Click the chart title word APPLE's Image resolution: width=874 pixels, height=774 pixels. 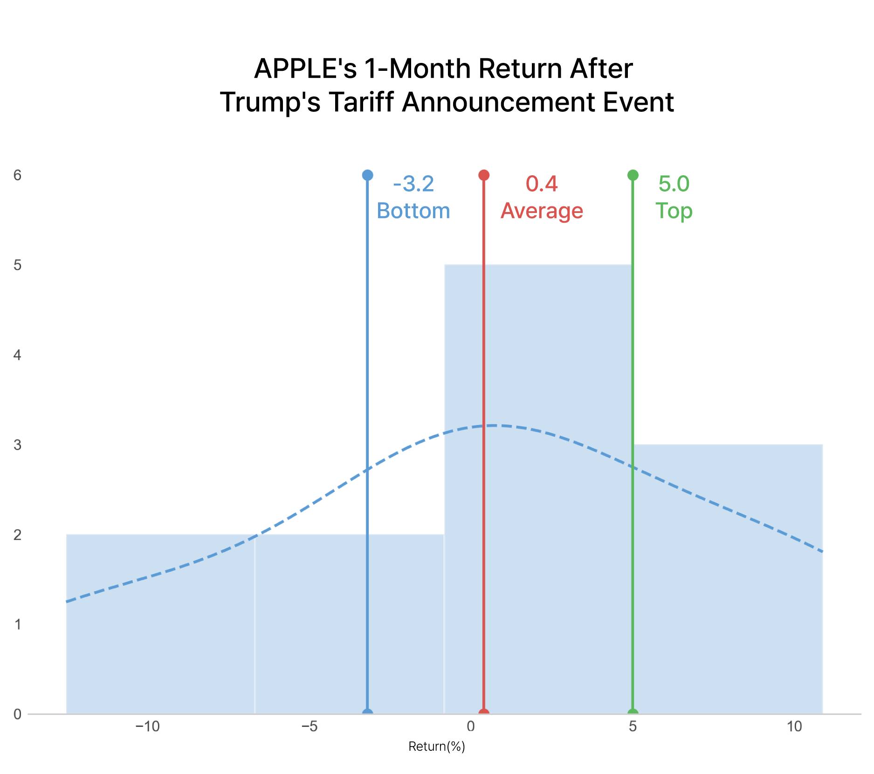pos(306,68)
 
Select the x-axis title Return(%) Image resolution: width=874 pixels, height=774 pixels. pos(437,747)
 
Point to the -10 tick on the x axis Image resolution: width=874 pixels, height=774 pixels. pos(147,726)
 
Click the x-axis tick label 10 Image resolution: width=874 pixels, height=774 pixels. pos(794,726)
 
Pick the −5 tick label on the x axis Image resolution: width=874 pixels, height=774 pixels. pos(310,726)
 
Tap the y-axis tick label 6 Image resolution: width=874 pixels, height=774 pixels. pos(18,175)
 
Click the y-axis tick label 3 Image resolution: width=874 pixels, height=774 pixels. pos(18,445)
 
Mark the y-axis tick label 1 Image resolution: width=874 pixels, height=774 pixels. pos(18,624)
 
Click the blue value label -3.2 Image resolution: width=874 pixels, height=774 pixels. pos(413,184)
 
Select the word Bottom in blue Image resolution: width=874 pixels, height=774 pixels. pos(413,211)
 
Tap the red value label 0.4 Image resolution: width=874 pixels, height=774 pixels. pos(542,184)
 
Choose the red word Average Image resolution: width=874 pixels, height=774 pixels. pos(542,211)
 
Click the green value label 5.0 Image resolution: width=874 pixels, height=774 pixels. pos(674,184)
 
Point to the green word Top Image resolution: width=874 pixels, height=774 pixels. pos(674,211)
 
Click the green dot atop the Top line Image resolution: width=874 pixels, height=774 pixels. pos(633,175)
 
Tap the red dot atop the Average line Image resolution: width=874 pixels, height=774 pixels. pos(484,175)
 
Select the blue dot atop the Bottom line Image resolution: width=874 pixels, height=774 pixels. pos(367,175)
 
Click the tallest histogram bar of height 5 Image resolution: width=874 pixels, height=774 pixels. pos(538,489)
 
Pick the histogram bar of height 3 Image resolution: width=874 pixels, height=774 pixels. pos(728,579)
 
